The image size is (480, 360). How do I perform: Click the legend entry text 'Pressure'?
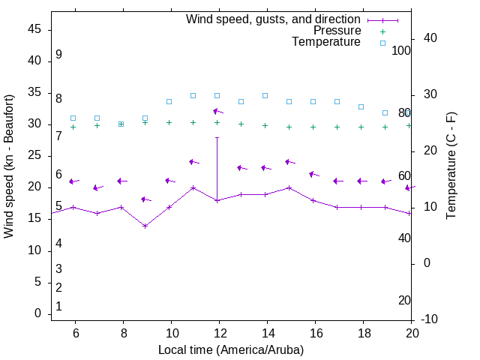coord(337,31)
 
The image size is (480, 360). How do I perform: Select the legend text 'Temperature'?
coord(326,43)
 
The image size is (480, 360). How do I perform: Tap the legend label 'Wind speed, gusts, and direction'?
coord(273,19)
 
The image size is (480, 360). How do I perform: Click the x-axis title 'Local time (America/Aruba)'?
coord(231,349)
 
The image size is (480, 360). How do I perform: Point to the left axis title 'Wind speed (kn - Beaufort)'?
coord(9,166)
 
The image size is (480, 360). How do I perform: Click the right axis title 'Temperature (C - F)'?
coord(451,166)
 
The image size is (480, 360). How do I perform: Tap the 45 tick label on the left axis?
coord(34,29)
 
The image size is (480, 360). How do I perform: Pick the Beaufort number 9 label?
coord(58,55)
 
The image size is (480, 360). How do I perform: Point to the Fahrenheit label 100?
coord(401,50)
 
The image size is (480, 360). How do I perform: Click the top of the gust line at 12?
coord(217,137)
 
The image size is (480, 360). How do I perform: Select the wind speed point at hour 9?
coord(145,226)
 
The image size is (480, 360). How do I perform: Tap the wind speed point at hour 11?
coord(193,187)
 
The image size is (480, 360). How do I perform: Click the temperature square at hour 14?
coord(265,95)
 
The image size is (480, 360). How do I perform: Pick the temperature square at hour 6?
coord(73,118)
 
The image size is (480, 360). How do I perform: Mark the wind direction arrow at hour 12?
coord(217,112)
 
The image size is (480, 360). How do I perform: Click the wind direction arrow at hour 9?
coord(145,199)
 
